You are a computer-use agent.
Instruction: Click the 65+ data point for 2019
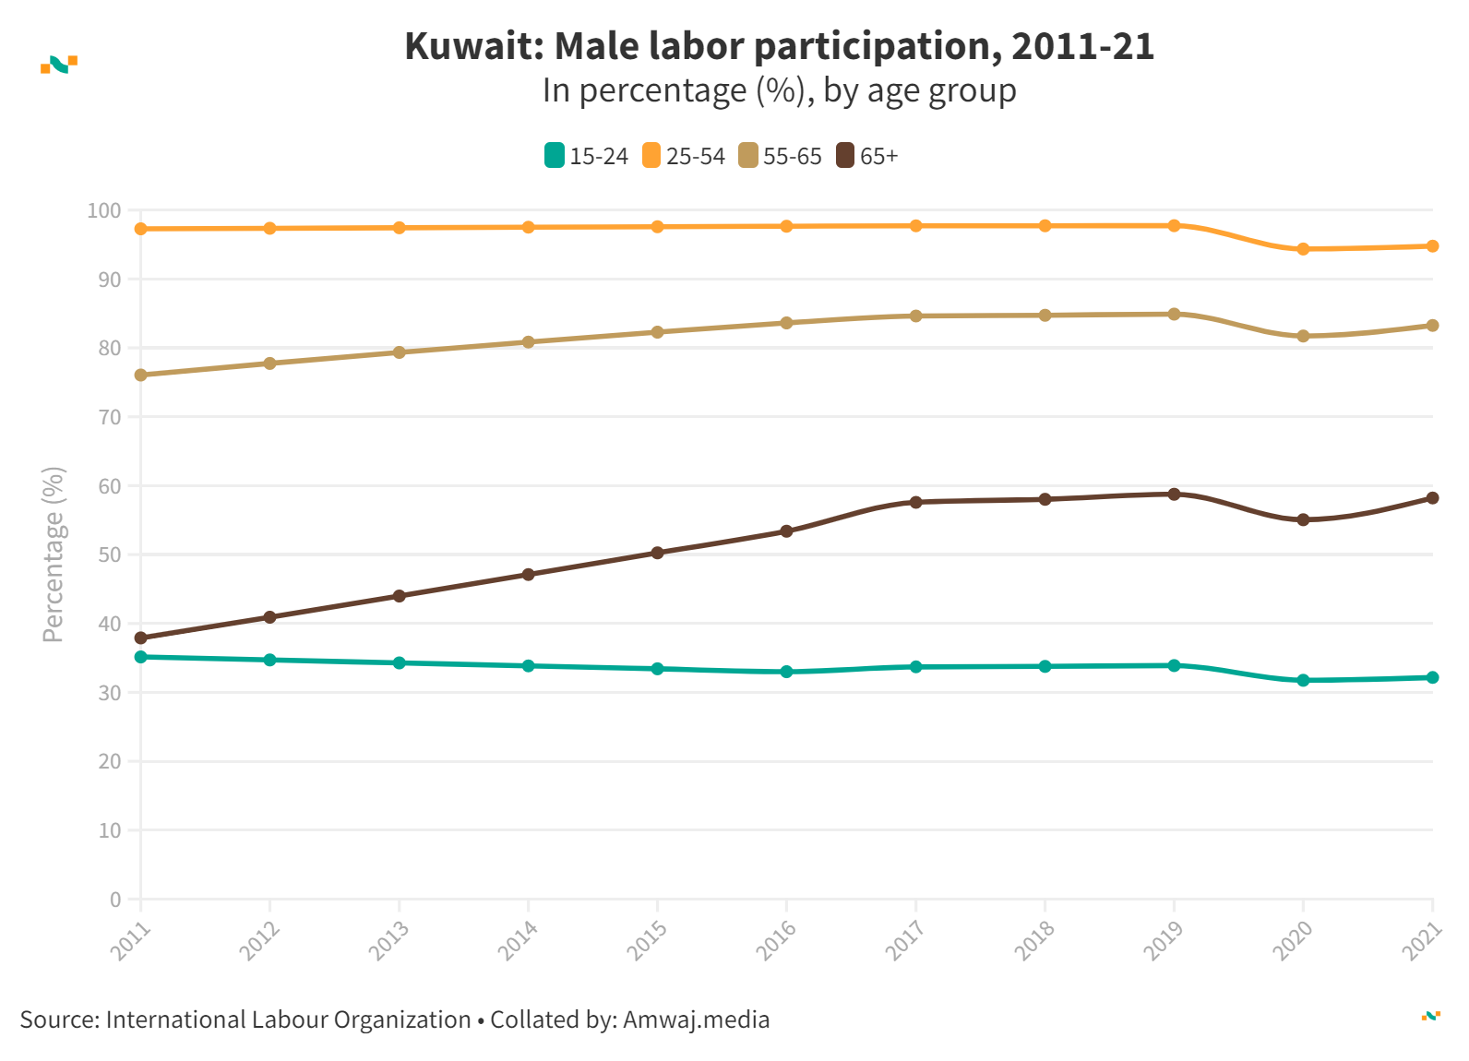pos(1174,495)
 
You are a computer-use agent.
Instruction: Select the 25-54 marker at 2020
pos(1303,249)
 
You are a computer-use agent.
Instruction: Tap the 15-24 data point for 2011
pos(141,657)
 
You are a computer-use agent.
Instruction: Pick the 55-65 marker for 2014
pos(529,342)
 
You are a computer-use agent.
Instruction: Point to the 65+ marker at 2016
pos(786,531)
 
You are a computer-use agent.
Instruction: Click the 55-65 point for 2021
pos(1432,326)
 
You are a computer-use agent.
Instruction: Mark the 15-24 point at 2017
pos(915,667)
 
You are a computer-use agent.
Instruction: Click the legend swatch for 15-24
pos(554,156)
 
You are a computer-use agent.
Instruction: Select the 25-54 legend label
pos(695,157)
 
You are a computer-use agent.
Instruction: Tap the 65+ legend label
pos(878,157)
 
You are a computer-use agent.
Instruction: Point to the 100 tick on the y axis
pos(104,210)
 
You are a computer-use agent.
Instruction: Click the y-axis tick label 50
pos(109,554)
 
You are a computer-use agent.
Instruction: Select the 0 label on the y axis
pos(115,900)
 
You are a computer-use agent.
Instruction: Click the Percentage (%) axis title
pos(54,554)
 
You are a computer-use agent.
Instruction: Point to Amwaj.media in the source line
pos(696,1019)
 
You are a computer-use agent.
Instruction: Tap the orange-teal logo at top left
pos(59,64)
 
